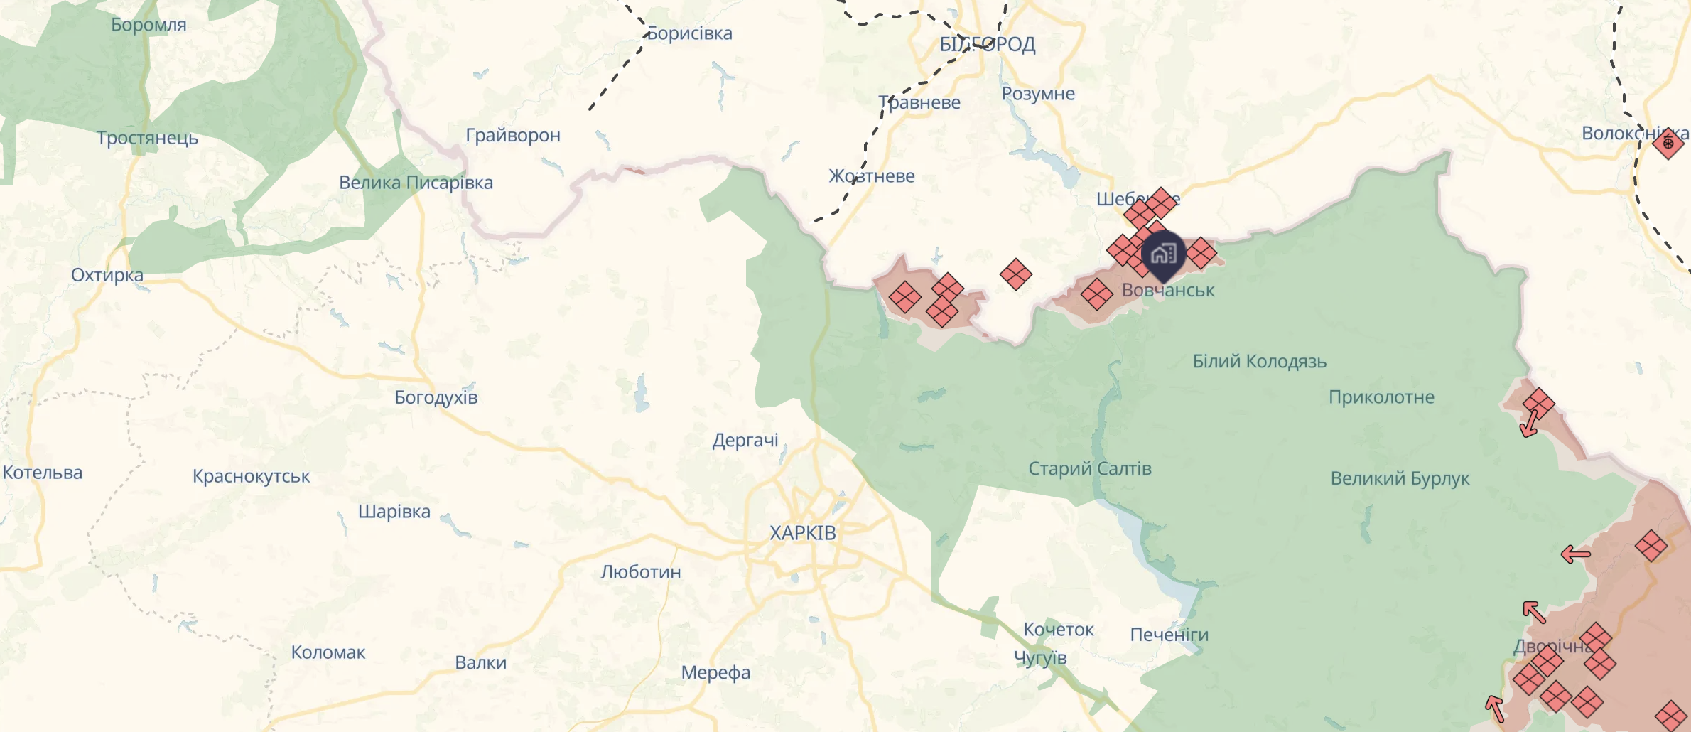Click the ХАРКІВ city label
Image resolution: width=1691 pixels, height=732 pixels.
tap(803, 533)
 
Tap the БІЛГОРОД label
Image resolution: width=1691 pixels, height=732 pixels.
tap(987, 45)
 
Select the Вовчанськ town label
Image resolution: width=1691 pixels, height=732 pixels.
tap(1168, 291)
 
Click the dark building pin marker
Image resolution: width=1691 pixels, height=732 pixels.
tap(1163, 254)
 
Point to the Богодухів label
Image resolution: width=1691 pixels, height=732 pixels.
tap(436, 397)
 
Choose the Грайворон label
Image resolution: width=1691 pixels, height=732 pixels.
tap(513, 135)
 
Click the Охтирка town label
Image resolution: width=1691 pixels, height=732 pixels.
tap(107, 275)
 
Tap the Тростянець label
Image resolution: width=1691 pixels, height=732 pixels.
tap(148, 138)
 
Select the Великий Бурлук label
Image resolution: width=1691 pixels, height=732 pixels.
tap(1400, 478)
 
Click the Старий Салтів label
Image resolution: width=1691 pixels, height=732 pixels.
tap(1090, 469)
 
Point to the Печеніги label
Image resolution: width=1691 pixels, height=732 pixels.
tap(1169, 635)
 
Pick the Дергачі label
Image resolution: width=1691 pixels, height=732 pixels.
tap(745, 441)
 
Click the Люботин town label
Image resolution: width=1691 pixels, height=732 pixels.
tap(641, 572)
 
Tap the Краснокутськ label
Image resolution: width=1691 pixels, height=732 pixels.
tap(252, 476)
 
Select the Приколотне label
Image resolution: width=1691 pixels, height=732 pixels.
tap(1382, 397)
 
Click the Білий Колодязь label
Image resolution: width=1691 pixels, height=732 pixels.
tap(1260, 362)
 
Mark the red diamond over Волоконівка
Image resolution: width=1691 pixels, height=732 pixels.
tap(1668, 143)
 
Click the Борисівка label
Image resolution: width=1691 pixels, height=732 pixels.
tap(690, 33)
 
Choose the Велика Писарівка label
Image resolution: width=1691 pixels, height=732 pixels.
tap(416, 183)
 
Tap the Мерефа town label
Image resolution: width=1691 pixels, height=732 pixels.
tap(715, 672)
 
